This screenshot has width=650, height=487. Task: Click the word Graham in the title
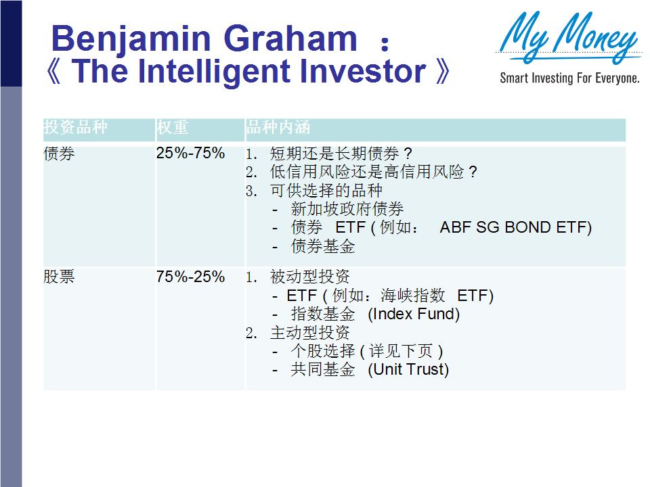[290, 38]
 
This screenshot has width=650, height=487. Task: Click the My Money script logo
[568, 37]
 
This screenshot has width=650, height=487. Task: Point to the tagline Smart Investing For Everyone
[569, 78]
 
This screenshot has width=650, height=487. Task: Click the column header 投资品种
[75, 127]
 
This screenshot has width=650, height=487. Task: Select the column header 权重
[172, 127]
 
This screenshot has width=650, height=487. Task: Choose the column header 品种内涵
[278, 127]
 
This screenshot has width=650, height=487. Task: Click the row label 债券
[59, 154]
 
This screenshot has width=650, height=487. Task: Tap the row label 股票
[59, 277]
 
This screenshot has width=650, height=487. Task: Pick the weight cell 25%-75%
[190, 154]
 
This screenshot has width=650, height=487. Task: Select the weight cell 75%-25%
[190, 277]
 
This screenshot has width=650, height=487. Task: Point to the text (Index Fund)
[414, 315]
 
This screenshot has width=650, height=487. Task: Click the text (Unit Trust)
[408, 369]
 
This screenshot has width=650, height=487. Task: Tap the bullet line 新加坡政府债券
[347, 209]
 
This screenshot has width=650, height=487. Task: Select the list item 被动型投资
[309, 277]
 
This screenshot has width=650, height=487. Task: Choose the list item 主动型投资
[309, 333]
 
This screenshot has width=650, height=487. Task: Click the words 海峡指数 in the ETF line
[413, 296]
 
